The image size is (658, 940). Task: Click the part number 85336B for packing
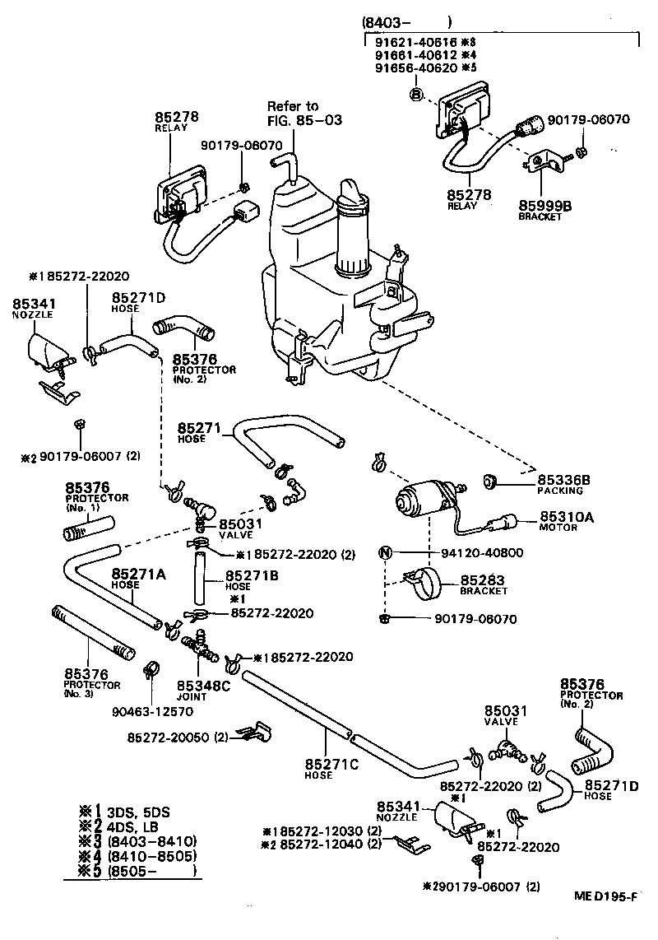[x=564, y=479]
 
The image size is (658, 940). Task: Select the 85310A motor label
[x=566, y=517]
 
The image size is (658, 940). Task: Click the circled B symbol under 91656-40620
[x=416, y=95]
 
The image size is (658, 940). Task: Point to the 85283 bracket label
[x=482, y=579]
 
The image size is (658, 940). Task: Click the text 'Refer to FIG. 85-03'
[x=293, y=113]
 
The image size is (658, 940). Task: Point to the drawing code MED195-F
[x=606, y=919]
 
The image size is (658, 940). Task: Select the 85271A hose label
[x=139, y=574]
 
